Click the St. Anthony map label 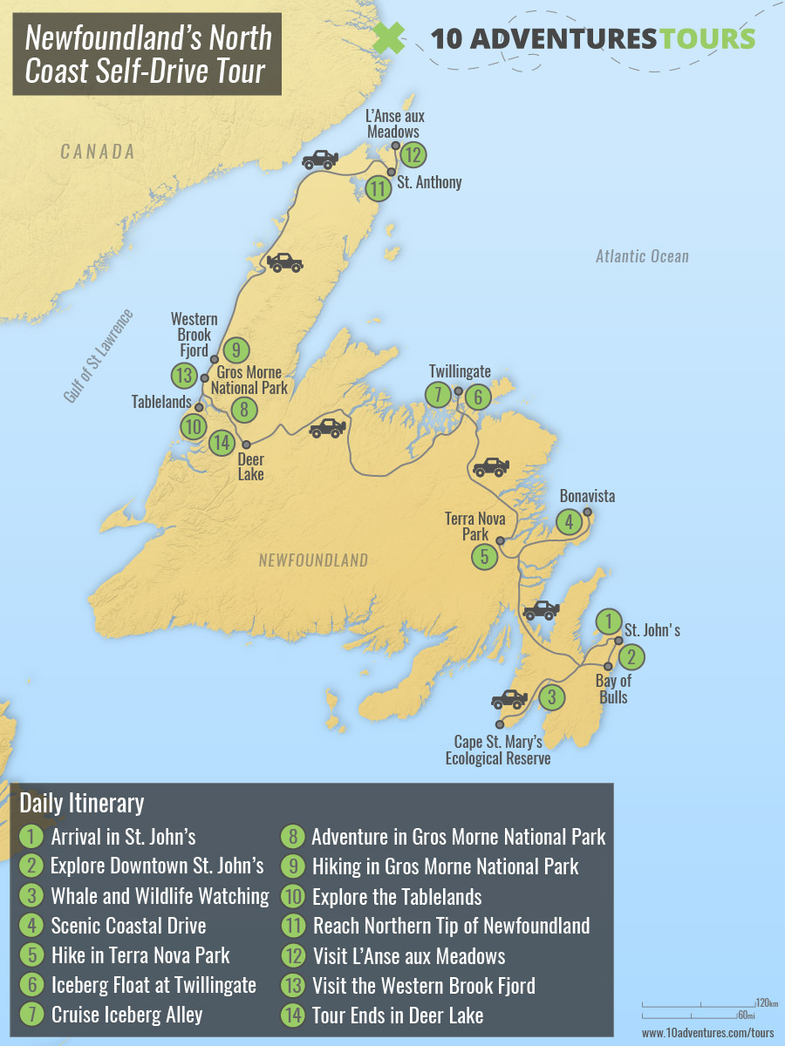(429, 183)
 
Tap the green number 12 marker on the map (413, 156)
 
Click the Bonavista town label (587, 496)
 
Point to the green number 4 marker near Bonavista (569, 522)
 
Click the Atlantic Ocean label (642, 256)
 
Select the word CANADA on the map (98, 153)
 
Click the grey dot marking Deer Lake (246, 444)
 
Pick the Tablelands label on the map (161, 403)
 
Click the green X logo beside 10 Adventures (389, 37)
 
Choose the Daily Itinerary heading (81, 802)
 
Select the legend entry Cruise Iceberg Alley (126, 1015)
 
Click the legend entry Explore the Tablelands (397, 896)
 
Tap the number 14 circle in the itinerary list (293, 1015)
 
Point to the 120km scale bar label (767, 1003)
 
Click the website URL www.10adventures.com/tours (707, 1032)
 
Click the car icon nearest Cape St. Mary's (509, 699)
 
